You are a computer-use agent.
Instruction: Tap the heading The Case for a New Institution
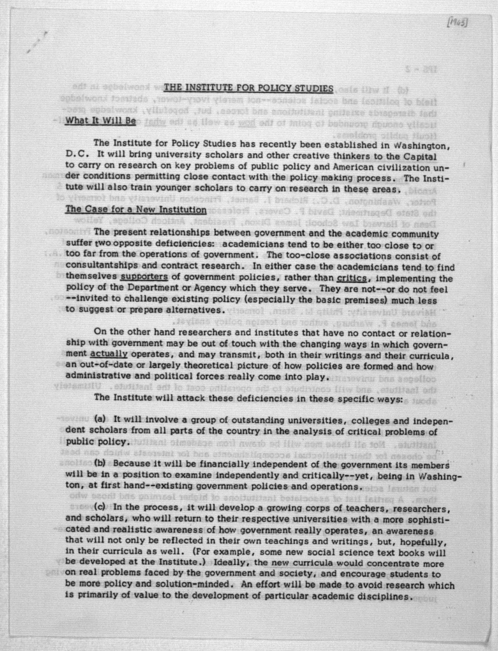136,210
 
